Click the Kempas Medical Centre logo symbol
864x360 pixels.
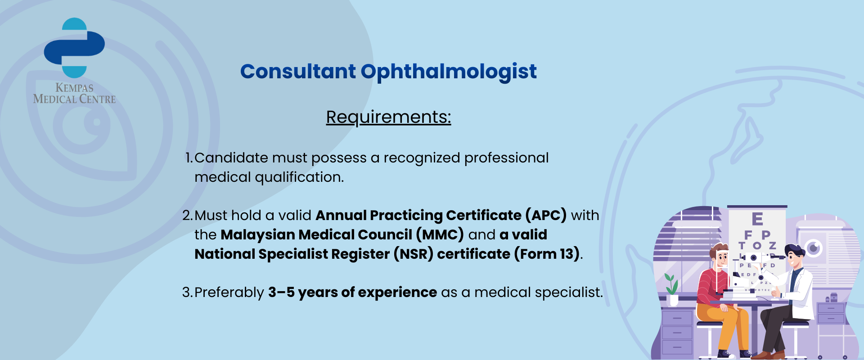pyautogui.click(x=74, y=48)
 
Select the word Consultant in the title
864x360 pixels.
pyautogui.click(x=298, y=72)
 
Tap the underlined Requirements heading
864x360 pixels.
pyautogui.click(x=388, y=117)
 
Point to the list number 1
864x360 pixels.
pyautogui.click(x=189, y=158)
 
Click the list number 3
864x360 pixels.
pyautogui.click(x=187, y=292)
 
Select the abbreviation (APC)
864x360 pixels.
pyautogui.click(x=546, y=215)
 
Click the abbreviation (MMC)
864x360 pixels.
pyautogui.click(x=440, y=234)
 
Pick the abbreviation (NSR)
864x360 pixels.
pyautogui.click(x=414, y=254)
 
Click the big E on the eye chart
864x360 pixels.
pyautogui.click(x=757, y=219)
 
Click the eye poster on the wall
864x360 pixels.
pyautogui.click(x=813, y=248)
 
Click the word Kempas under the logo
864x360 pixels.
pyautogui.click(x=74, y=88)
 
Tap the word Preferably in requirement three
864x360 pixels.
pyautogui.click(x=229, y=293)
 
